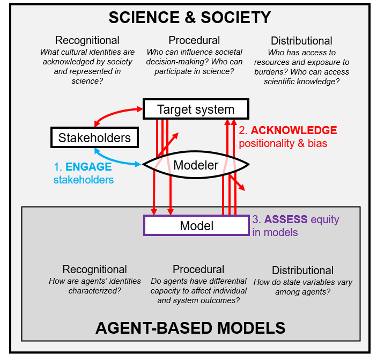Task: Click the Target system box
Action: pyautogui.click(x=195, y=109)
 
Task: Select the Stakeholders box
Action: pyautogui.click(x=94, y=137)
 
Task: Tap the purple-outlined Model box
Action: pyautogui.click(x=196, y=225)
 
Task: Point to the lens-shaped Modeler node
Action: pyautogui.click(x=195, y=165)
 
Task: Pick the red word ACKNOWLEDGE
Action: pyautogui.click(x=294, y=130)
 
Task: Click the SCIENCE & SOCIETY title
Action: pyautogui.click(x=189, y=17)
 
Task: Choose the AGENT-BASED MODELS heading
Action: pyautogui.click(x=190, y=327)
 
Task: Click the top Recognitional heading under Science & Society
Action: pyautogui.click(x=87, y=40)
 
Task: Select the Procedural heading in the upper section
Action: pyautogui.click(x=194, y=40)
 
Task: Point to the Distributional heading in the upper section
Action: pyautogui.click(x=301, y=41)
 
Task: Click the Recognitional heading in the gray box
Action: pyautogui.click(x=94, y=269)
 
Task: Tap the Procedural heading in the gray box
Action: pyautogui.click(x=198, y=269)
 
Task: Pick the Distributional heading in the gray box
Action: pyautogui.click(x=302, y=270)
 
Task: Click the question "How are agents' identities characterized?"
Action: pyautogui.click(x=94, y=285)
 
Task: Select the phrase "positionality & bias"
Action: pyautogui.click(x=283, y=143)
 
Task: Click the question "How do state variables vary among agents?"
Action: pyautogui.click(x=302, y=287)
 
